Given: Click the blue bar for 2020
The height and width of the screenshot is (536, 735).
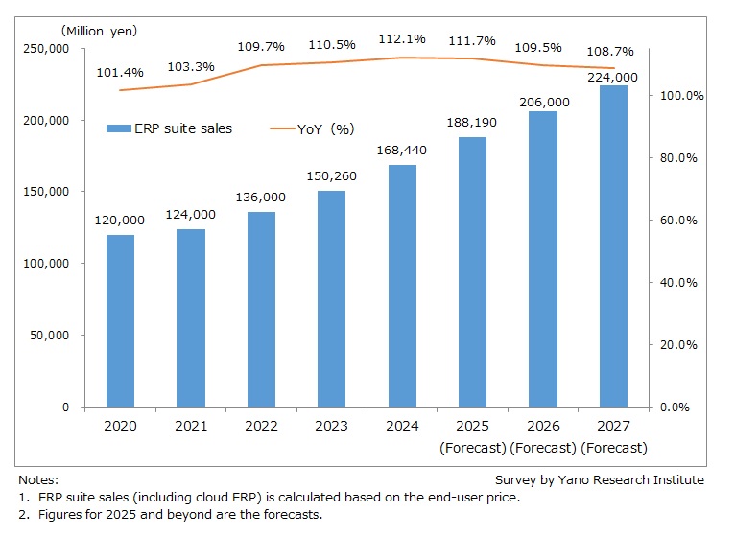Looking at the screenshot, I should (x=120, y=320).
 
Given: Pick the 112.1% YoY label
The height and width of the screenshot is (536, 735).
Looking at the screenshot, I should (x=402, y=39).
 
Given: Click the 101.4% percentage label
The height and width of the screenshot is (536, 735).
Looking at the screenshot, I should (x=120, y=71).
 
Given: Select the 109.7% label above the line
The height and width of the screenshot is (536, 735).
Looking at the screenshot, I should (x=261, y=46).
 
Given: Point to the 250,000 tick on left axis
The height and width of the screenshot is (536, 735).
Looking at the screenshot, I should (x=47, y=48).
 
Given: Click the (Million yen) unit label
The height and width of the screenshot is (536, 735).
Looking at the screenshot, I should (x=100, y=31).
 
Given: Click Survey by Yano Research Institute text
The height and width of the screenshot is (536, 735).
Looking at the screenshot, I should (x=599, y=479).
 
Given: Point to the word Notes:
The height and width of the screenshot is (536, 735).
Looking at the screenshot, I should (x=38, y=479).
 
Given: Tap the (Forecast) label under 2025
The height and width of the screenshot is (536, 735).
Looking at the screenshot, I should (x=472, y=448).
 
